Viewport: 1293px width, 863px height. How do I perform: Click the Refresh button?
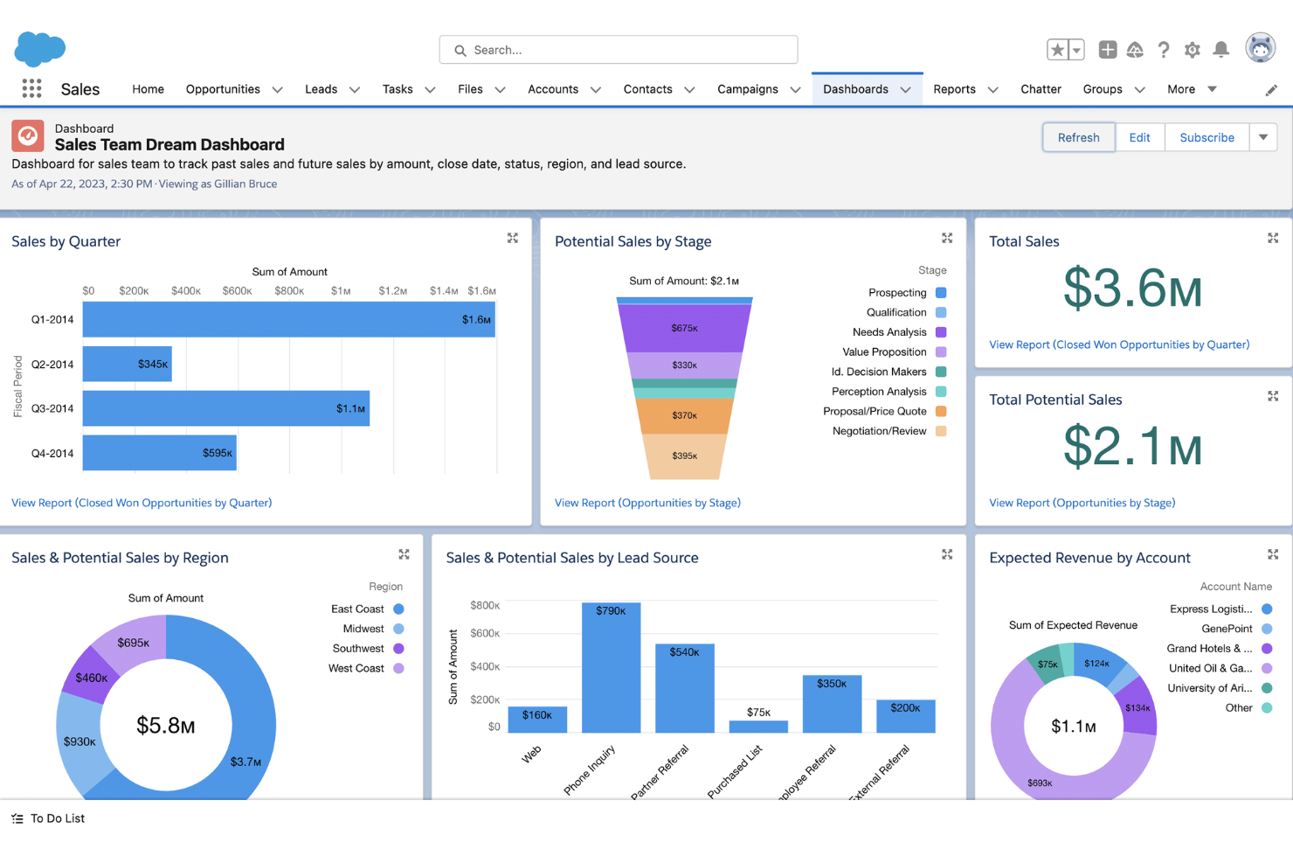pyautogui.click(x=1078, y=137)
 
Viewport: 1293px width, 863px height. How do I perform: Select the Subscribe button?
pyautogui.click(x=1207, y=137)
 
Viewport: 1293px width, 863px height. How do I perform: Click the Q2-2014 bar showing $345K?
pyautogui.click(x=127, y=364)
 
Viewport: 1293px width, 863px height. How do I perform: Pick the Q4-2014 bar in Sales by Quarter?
pyautogui.click(x=159, y=453)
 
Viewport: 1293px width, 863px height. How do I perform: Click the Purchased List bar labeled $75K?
pyautogui.click(x=758, y=726)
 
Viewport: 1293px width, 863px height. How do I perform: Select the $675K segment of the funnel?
pyautogui.click(x=684, y=329)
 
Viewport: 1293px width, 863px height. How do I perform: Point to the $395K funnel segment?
pyautogui.click(x=684, y=456)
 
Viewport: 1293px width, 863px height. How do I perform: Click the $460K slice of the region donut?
pyautogui.click(x=91, y=677)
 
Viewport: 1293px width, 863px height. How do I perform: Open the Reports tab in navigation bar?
pyautogui.click(x=954, y=89)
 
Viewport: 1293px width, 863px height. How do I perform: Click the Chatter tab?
pyautogui.click(x=1041, y=89)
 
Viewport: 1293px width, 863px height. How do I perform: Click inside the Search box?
pyautogui.click(x=619, y=50)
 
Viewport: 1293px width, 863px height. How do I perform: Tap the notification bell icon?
pyautogui.click(x=1221, y=50)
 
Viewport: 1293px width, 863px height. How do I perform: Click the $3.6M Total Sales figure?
pyautogui.click(x=1132, y=289)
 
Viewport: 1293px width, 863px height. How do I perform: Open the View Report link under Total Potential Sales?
pyautogui.click(x=1082, y=503)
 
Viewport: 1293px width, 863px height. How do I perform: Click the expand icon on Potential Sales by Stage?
pyautogui.click(x=947, y=238)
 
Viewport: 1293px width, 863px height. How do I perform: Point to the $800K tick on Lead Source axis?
pyautogui.click(x=485, y=605)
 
